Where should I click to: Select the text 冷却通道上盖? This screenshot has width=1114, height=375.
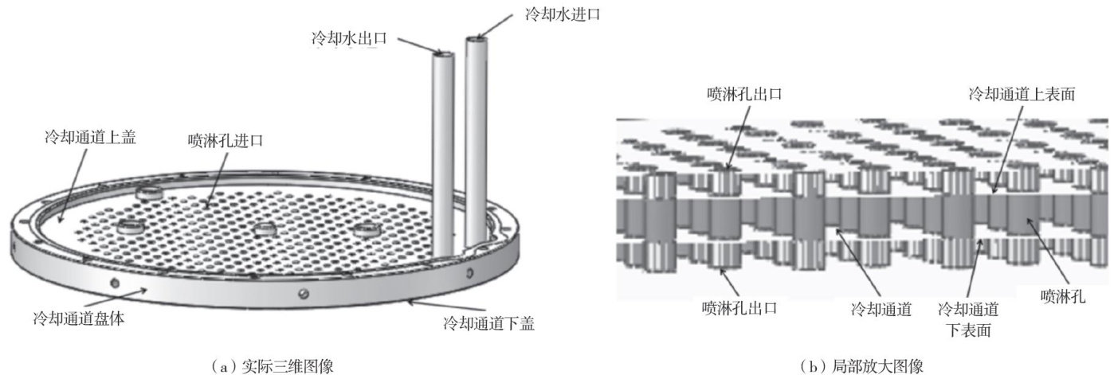coord(89,138)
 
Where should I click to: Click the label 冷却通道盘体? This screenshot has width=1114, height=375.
coord(80,316)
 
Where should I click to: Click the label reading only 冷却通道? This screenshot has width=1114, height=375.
coord(881,307)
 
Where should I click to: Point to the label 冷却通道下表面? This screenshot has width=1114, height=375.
coord(968,316)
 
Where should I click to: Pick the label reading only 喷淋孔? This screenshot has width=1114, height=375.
coord(1062,296)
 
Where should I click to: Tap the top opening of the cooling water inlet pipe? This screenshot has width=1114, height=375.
coord(477,37)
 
